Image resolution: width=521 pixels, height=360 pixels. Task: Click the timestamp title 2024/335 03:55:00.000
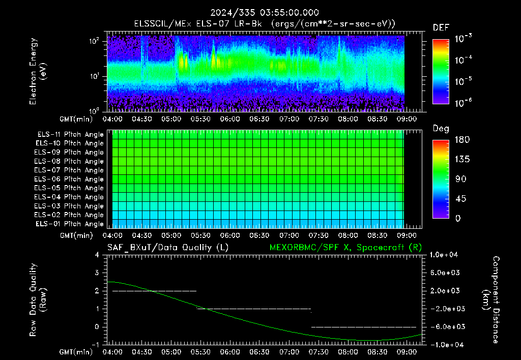click(265, 13)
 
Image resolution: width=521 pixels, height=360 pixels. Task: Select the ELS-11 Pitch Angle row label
click(70, 135)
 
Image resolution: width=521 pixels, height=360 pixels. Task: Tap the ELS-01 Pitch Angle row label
click(69, 224)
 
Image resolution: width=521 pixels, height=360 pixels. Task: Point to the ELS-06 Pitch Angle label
click(69, 179)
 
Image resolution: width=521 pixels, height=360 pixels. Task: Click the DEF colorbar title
click(441, 28)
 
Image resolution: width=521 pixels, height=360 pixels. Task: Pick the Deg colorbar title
click(441, 129)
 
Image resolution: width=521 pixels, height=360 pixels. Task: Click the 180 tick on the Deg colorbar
click(462, 139)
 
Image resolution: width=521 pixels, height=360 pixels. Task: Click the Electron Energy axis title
click(38, 71)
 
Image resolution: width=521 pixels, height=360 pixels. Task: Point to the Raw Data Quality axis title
click(38, 299)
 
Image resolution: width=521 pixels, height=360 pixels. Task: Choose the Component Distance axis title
click(491, 299)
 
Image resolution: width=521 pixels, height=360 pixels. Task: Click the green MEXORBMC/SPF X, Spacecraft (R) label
click(345, 248)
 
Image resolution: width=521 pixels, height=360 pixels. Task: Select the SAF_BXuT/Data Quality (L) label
click(168, 248)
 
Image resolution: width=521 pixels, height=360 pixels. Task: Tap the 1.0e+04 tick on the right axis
click(444, 255)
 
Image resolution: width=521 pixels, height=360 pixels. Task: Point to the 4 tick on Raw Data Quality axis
click(97, 255)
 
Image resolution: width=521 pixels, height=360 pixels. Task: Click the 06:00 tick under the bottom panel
click(230, 352)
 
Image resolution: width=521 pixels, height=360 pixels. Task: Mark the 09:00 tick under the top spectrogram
click(407, 119)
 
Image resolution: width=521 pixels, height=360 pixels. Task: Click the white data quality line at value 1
click(254, 309)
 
